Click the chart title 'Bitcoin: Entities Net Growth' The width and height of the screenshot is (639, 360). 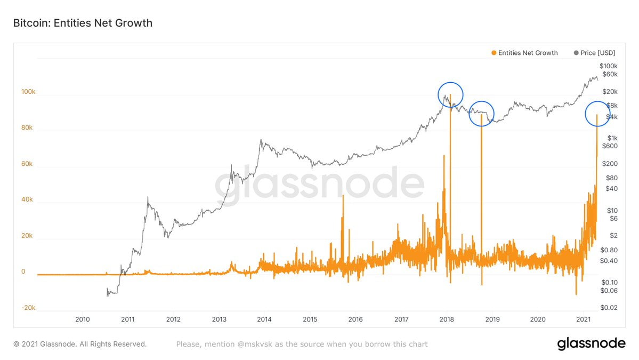click(x=83, y=23)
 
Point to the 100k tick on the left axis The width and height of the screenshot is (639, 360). click(x=28, y=92)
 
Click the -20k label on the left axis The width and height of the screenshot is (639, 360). click(x=28, y=307)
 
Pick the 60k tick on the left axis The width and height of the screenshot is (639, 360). click(x=27, y=164)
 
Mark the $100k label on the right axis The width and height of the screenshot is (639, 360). click(x=606, y=66)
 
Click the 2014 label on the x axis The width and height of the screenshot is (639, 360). click(x=264, y=319)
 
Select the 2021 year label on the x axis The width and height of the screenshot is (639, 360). click(x=583, y=319)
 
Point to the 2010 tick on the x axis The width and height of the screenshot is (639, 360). click(x=82, y=319)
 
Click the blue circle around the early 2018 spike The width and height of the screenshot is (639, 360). click(x=450, y=95)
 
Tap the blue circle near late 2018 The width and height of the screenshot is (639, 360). click(x=481, y=114)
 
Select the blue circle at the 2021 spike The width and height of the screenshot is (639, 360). click(x=597, y=114)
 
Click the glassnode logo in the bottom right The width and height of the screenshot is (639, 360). click(x=591, y=344)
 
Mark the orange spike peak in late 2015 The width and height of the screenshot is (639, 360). click(x=343, y=196)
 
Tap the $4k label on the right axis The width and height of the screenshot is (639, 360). click(x=611, y=116)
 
